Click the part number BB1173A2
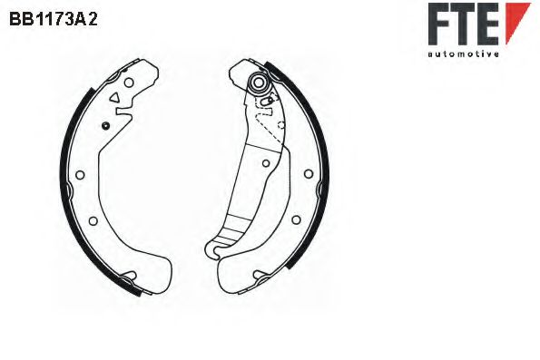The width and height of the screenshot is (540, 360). [54, 20]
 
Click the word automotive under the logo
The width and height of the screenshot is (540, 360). [463, 54]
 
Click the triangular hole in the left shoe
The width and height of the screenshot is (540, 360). [114, 98]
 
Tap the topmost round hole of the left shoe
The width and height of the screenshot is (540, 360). [129, 83]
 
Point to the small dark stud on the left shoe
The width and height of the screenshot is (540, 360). [105, 126]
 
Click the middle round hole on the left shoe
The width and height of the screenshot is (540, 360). [80, 175]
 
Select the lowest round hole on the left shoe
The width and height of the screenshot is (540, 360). [93, 220]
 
